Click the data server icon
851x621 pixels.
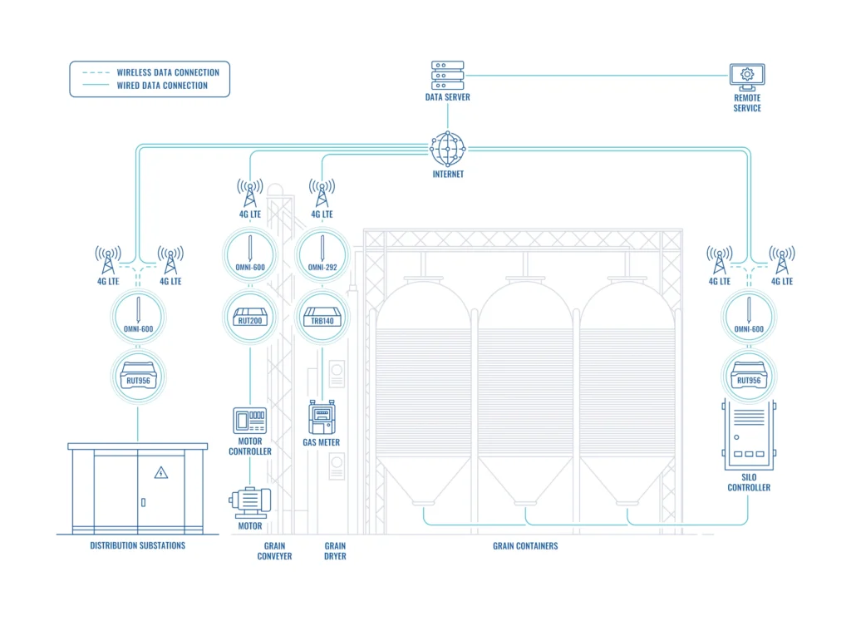[447, 76]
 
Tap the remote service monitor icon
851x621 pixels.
[746, 77]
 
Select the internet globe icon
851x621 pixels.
[448, 149]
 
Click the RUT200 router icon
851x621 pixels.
[250, 316]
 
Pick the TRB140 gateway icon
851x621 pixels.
[322, 316]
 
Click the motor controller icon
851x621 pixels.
[250, 421]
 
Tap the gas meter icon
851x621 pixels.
[322, 417]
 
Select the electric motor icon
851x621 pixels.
[250, 500]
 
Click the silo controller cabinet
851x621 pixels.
[748, 434]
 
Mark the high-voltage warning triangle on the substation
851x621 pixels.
[161, 473]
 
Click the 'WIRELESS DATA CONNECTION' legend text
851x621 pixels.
[168, 73]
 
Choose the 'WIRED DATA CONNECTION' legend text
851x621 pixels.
[162, 86]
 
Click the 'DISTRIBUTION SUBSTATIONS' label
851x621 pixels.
[138, 546]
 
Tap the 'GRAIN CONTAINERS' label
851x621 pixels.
[525, 546]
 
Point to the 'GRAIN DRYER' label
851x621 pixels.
[335, 551]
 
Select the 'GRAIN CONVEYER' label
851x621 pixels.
[274, 551]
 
